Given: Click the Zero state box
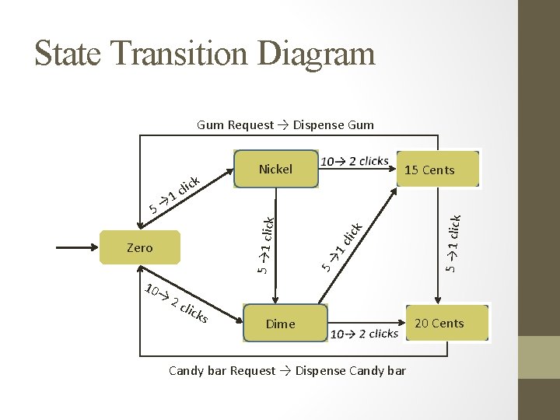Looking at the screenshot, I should coord(140,248).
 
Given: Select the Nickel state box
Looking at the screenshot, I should coord(275,169).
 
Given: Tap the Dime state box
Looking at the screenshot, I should coord(281,324).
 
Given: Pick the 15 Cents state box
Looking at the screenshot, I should coord(429,170).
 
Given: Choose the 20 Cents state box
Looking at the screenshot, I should coord(439,323).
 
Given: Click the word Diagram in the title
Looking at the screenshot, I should coord(315,53).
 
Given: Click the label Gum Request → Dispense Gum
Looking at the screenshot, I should coord(285,124).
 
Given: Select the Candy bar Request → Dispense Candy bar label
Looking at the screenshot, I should coord(287,370).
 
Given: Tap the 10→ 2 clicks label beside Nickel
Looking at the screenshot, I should coord(355,161).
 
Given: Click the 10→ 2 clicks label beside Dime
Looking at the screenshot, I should coord(364,334).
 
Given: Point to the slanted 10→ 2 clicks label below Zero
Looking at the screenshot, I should coord(177,304).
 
